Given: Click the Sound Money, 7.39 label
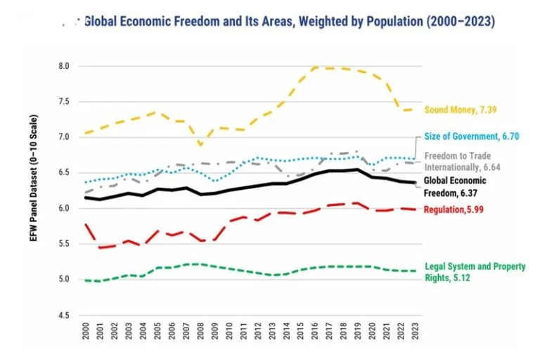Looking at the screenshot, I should [460, 110].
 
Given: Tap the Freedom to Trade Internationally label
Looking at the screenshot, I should [457, 161].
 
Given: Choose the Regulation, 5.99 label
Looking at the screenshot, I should [453, 210].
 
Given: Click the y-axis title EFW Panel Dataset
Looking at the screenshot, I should [34, 190].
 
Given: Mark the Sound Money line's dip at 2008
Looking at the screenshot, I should [200, 146].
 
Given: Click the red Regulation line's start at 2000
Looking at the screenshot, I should [85, 224].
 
